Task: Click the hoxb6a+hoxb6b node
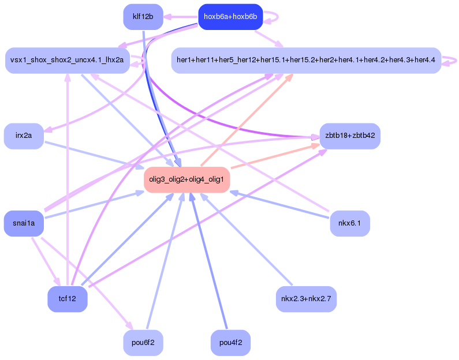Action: point(230,17)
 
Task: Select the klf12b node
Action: point(143,17)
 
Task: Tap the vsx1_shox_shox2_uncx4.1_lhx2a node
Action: point(67,61)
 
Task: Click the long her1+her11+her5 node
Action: point(306,61)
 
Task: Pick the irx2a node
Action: point(24,136)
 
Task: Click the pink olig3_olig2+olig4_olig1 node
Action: point(187,180)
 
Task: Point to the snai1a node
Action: point(24,224)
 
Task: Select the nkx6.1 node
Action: point(350,224)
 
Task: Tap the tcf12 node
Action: point(67,299)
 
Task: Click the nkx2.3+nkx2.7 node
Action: point(306,299)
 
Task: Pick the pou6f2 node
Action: point(143,343)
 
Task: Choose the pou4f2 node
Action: point(230,343)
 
